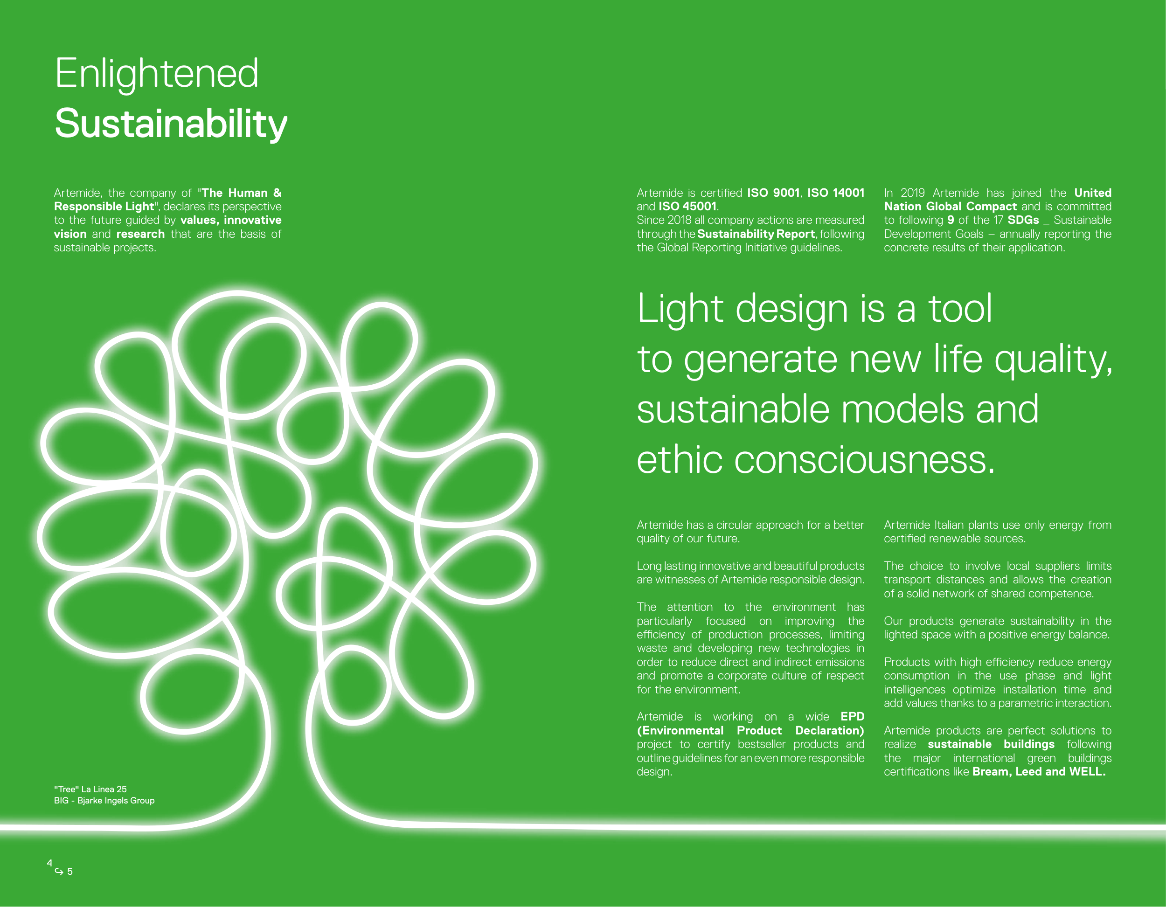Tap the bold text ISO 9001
coord(773,193)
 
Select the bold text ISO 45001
coord(687,207)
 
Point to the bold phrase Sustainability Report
coord(756,234)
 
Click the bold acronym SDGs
coord(1023,220)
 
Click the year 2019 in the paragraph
coord(913,193)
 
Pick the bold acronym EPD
coord(853,716)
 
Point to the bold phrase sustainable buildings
coord(991,744)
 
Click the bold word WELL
coord(1088,771)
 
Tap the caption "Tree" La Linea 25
coord(90,789)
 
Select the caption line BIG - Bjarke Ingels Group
coord(104,801)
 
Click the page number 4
coord(49,863)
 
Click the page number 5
coord(70,872)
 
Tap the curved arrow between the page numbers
coord(59,871)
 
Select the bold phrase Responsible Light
coord(104,207)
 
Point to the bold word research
coord(140,234)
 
